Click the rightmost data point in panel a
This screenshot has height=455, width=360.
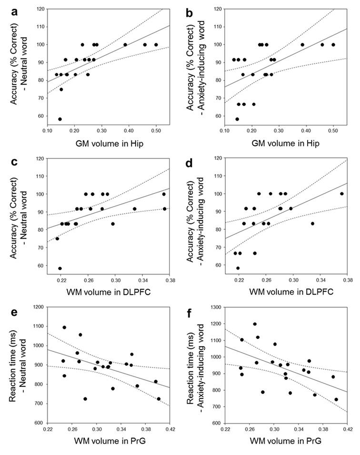(x=156, y=45)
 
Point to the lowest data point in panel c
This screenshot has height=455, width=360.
(x=60, y=268)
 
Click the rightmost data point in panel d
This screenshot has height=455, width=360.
(x=341, y=194)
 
